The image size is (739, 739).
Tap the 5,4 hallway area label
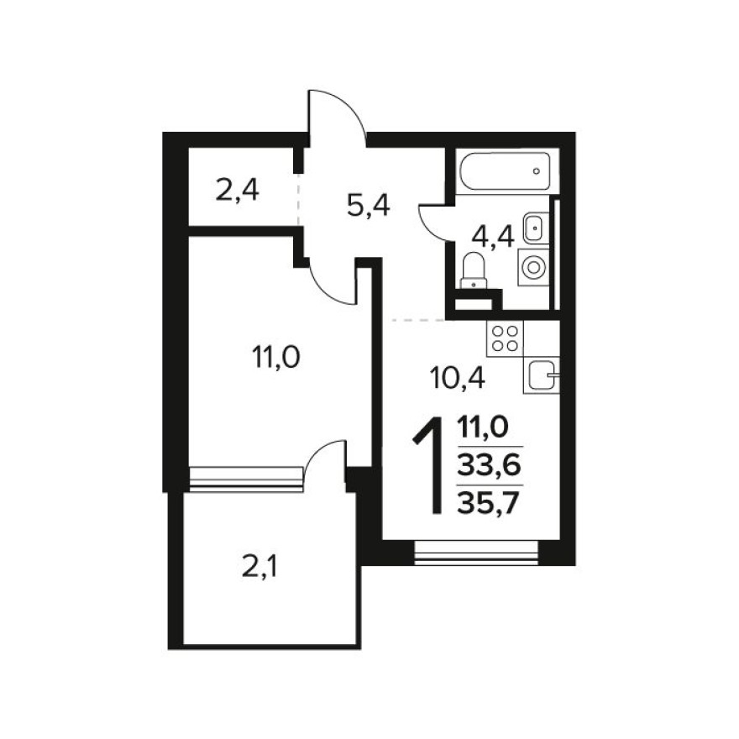pos(369,203)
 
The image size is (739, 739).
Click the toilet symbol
pos(474,270)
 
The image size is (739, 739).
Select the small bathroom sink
pos(534,227)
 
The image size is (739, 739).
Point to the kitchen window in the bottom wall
pos(476,552)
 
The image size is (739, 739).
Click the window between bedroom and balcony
pos(245,477)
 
